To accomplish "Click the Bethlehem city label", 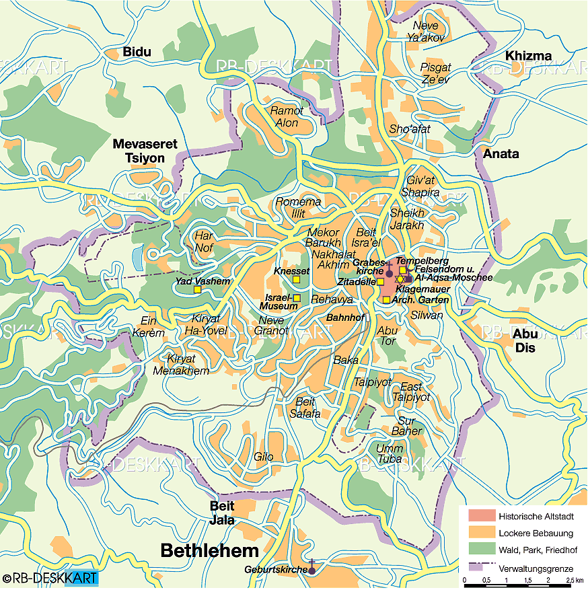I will coord(209,551).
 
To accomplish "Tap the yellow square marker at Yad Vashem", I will coord(197,289).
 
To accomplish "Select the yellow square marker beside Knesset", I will coord(296,280).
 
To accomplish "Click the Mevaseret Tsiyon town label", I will coord(139,150).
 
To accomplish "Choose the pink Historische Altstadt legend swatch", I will coord(481,517).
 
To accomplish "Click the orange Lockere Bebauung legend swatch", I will coord(481,533).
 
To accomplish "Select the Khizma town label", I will coord(529,56).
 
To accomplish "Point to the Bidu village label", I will coord(137,52).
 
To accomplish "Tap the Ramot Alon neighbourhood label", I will coord(287,116).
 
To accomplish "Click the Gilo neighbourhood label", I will coord(263,457).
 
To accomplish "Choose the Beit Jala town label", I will coord(222,512).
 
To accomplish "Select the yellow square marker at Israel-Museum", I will coord(297,298).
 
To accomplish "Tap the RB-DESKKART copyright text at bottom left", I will coord(50,578).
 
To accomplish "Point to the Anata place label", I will coord(501,153).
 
